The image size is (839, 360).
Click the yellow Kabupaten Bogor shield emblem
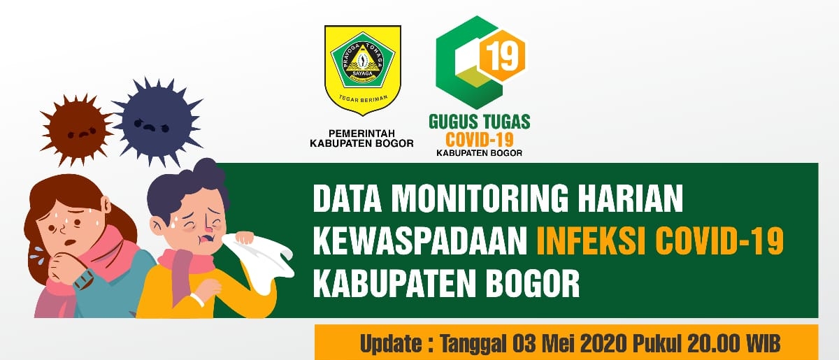point(363,70)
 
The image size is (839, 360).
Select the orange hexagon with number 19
point(503,56)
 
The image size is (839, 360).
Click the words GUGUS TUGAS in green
point(480,122)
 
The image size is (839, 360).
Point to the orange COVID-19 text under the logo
point(479,140)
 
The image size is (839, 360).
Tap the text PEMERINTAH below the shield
point(362,133)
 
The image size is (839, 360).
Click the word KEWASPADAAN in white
point(420,241)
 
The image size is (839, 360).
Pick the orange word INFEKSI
point(591,241)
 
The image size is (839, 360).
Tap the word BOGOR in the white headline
point(532,283)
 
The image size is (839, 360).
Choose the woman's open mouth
point(69,243)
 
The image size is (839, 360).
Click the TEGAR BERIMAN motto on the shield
point(363,99)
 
